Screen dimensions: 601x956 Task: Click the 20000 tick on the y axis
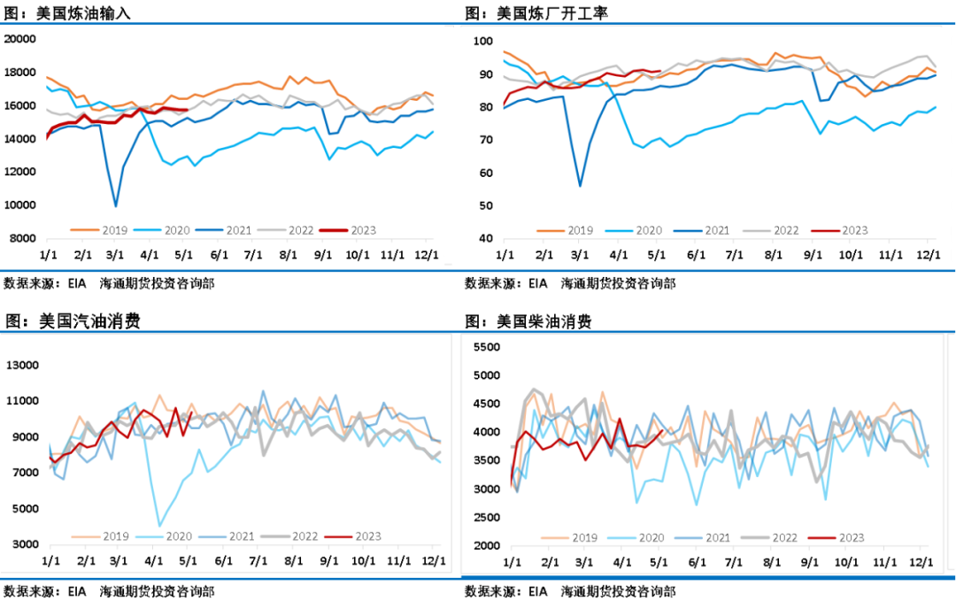19,39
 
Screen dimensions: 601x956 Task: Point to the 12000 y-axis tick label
19,172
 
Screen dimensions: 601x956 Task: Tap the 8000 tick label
21,239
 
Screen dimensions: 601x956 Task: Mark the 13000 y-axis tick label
24,366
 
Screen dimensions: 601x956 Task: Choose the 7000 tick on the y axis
27,473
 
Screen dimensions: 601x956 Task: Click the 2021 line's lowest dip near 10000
115,206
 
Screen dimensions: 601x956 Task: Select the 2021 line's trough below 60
580,186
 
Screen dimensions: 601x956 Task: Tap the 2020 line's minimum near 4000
160,526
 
